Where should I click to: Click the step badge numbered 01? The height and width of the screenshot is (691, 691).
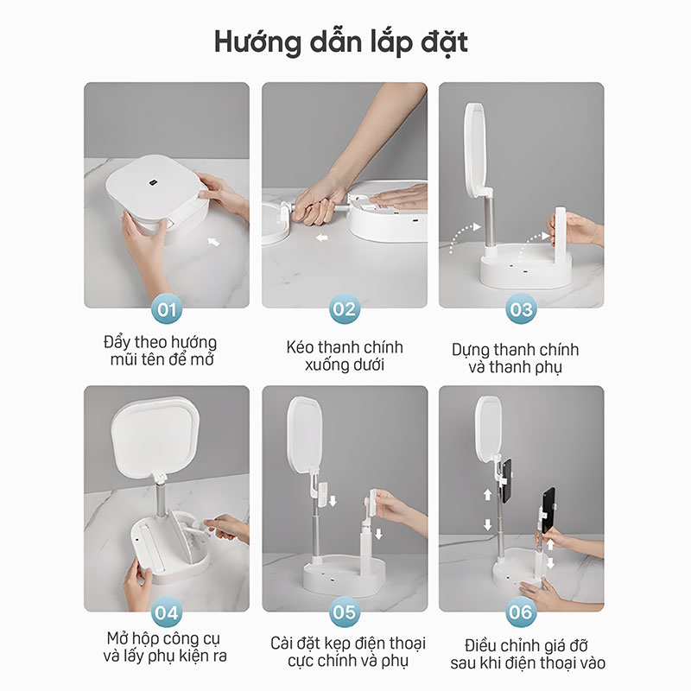click(167, 309)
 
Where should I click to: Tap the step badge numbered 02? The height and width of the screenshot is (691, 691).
click(344, 309)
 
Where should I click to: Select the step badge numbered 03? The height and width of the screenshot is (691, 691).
click(521, 309)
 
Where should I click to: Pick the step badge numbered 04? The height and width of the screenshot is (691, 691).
click(167, 612)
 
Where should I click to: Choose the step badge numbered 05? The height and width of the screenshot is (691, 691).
click(344, 612)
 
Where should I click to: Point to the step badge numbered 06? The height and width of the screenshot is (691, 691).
click(521, 612)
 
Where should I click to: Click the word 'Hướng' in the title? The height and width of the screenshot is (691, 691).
click(257, 43)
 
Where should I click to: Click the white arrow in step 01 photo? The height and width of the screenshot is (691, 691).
click(213, 242)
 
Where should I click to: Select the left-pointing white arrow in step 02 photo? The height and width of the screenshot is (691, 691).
click(322, 238)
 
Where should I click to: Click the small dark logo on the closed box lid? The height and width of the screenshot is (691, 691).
click(153, 182)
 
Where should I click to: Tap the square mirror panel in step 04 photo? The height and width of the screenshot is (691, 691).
click(155, 436)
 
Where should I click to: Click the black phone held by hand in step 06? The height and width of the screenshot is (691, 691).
click(548, 509)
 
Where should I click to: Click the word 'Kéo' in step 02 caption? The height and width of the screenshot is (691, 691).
click(300, 347)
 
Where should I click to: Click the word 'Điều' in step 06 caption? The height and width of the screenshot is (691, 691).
click(480, 646)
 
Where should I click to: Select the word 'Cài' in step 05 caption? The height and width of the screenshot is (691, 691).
click(282, 643)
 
